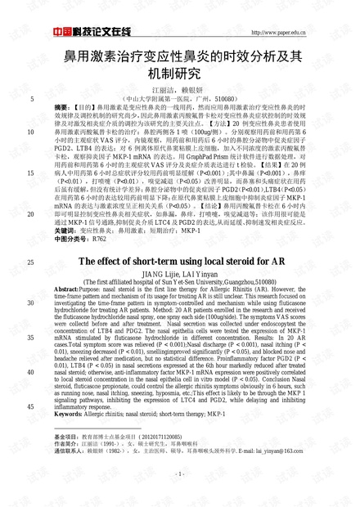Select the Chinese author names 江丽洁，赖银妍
(179, 88)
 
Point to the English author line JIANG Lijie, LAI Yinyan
(179, 274)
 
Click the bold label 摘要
(62, 107)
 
